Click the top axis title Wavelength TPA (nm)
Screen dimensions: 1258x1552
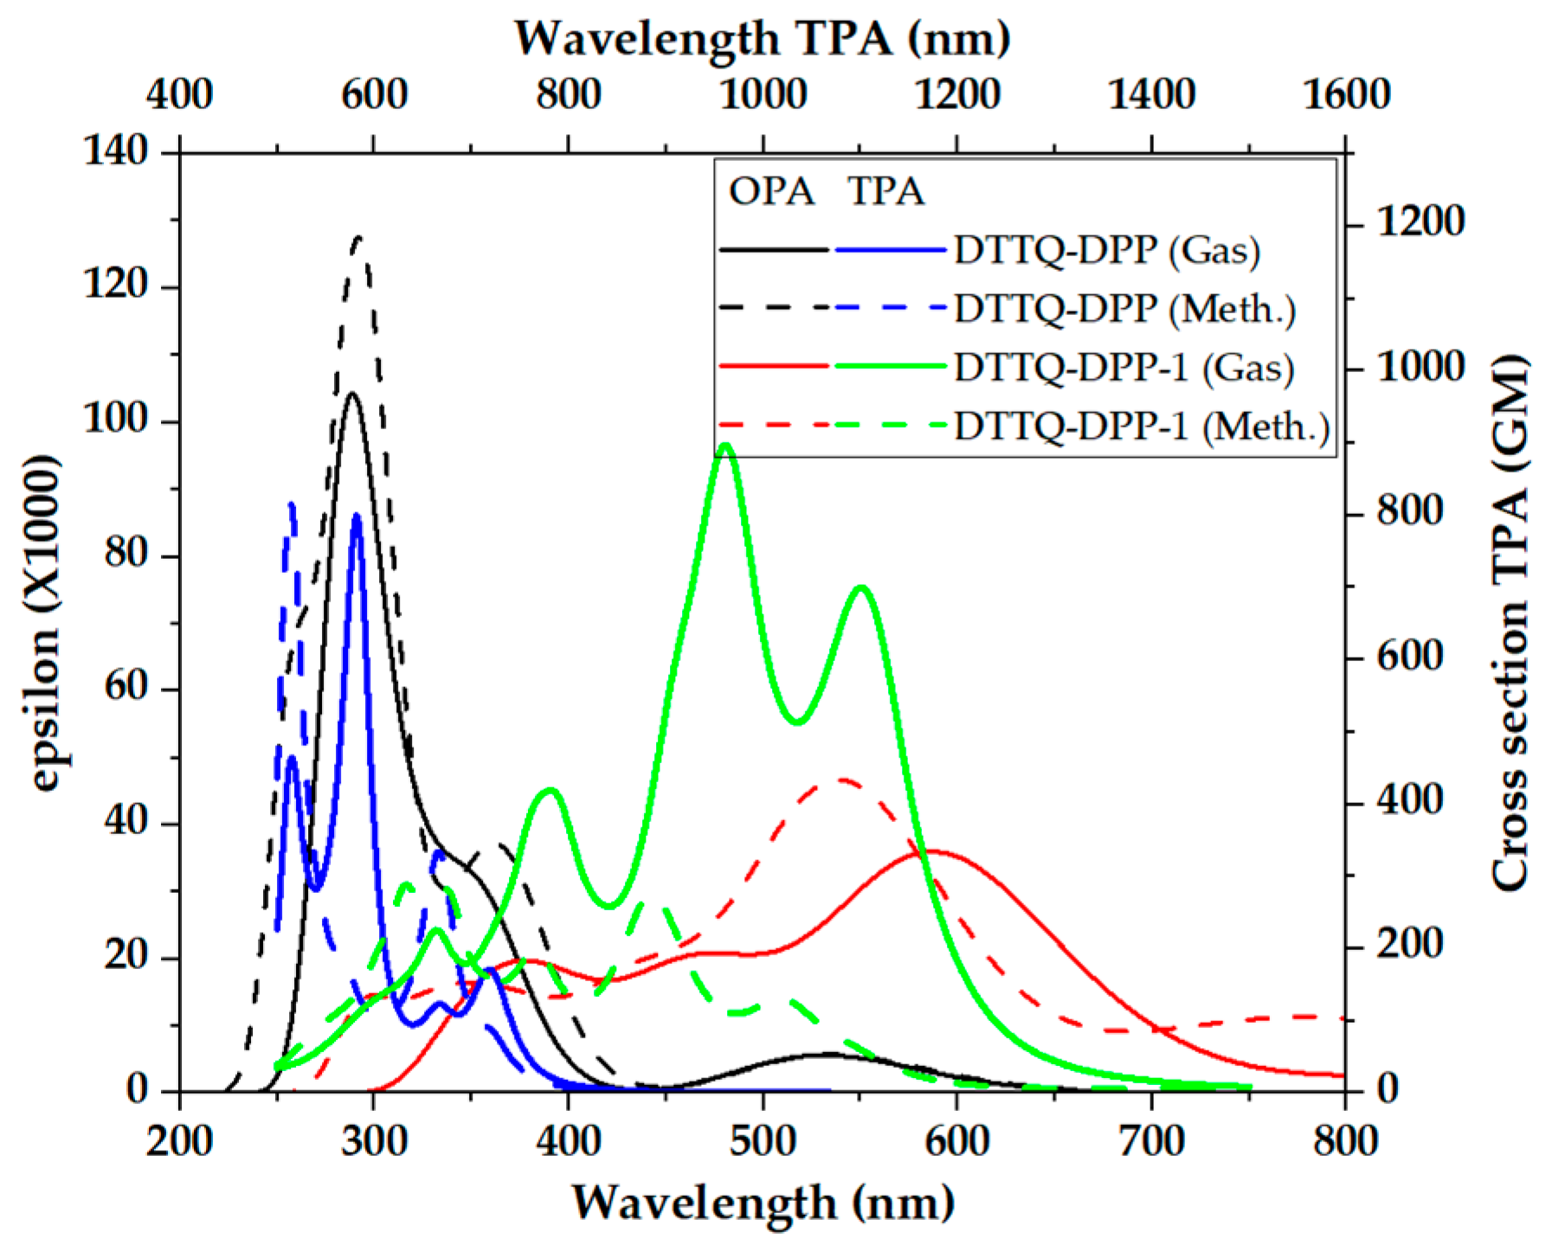tap(763, 39)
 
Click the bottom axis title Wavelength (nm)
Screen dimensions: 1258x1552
tap(763, 1203)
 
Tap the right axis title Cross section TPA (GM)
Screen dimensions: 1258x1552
tap(1510, 622)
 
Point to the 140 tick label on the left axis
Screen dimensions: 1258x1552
tap(116, 152)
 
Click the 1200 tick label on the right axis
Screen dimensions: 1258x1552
tap(1420, 223)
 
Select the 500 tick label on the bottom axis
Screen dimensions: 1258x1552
tap(763, 1140)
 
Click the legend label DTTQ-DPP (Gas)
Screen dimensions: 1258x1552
tap(1107, 251)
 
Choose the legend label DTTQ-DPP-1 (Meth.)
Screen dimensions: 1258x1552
tap(1142, 426)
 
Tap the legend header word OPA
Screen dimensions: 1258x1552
tap(771, 191)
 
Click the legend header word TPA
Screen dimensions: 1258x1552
tap(885, 191)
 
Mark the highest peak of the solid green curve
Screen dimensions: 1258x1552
tap(725, 446)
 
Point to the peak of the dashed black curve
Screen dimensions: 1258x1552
tap(358, 236)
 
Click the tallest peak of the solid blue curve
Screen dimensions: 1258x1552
tap(357, 516)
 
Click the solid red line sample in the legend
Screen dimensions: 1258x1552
tap(774, 367)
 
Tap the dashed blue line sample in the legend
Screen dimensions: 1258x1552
tap(891, 308)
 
